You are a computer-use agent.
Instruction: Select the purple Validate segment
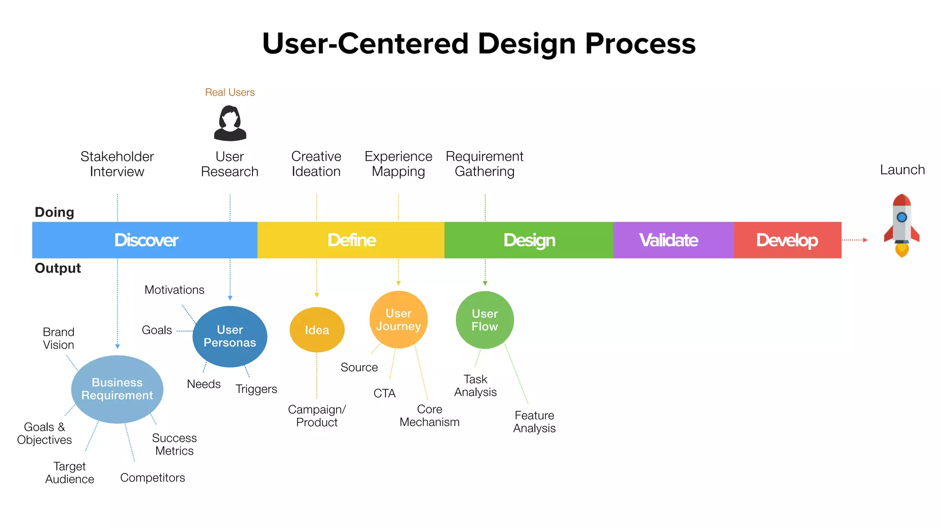pyautogui.click(x=673, y=240)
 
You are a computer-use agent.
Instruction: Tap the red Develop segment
pyautogui.click(x=787, y=240)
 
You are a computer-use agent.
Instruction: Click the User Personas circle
pyautogui.click(x=230, y=337)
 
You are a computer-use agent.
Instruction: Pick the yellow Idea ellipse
pyautogui.click(x=317, y=330)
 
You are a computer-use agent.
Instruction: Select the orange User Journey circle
pyautogui.click(x=398, y=320)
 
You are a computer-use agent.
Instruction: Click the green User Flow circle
pyautogui.click(x=485, y=320)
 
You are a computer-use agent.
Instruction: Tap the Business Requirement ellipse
pyautogui.click(x=117, y=389)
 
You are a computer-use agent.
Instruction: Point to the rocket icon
pyautogui.click(x=901, y=225)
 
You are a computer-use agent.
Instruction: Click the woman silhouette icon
pyautogui.click(x=230, y=123)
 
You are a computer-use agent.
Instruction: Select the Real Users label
pyautogui.click(x=230, y=92)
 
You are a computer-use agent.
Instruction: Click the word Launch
pyautogui.click(x=902, y=170)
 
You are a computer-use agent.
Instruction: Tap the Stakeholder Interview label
pyautogui.click(x=117, y=164)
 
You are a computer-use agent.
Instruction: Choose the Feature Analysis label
pyautogui.click(x=534, y=422)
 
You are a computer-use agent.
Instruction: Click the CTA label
pyautogui.click(x=384, y=394)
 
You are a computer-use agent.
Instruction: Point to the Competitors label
pyautogui.click(x=152, y=478)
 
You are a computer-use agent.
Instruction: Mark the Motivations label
pyautogui.click(x=174, y=290)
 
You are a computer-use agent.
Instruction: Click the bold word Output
pyautogui.click(x=58, y=268)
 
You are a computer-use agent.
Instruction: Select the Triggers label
pyautogui.click(x=256, y=389)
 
